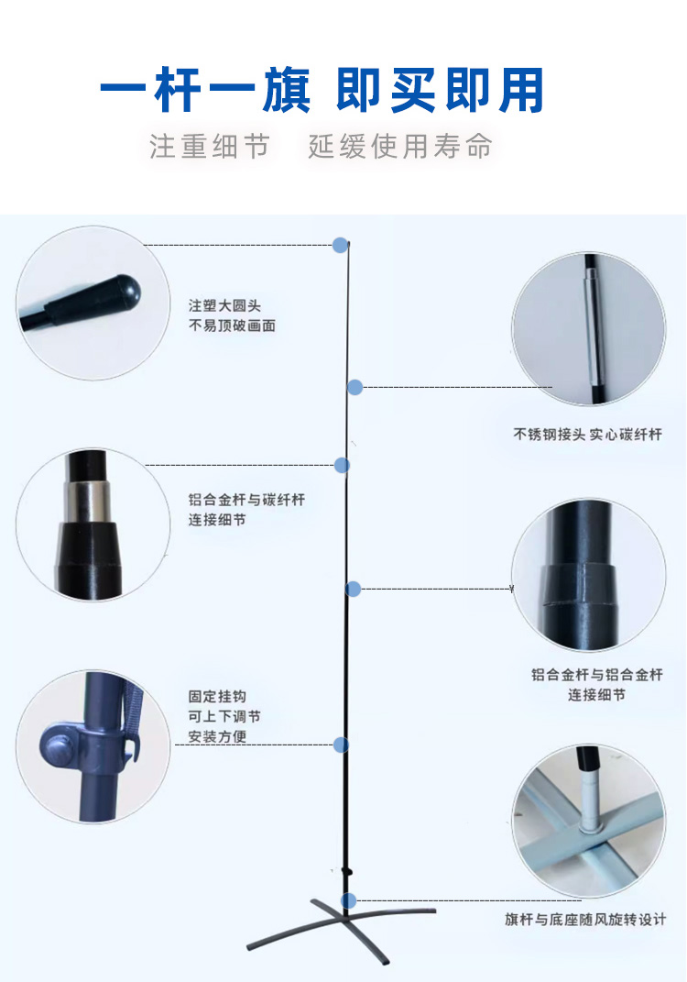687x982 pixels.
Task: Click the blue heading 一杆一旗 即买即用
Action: pyautogui.click(x=322, y=90)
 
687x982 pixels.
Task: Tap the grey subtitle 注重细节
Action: pyautogui.click(x=210, y=147)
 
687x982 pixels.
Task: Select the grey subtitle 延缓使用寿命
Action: pyautogui.click(x=399, y=147)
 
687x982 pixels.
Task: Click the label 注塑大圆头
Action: pyautogui.click(x=224, y=305)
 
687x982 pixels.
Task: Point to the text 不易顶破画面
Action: pyautogui.click(x=232, y=325)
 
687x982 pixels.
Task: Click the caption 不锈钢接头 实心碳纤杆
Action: pyautogui.click(x=587, y=434)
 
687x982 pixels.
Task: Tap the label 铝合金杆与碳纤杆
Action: pyautogui.click(x=246, y=500)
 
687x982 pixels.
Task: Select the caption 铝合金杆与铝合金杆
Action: pyautogui.click(x=597, y=675)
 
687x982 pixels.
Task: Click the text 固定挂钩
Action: pyautogui.click(x=217, y=697)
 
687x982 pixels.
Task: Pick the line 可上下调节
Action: pyautogui.click(x=224, y=716)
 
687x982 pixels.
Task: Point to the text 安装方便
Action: pyautogui.click(x=217, y=736)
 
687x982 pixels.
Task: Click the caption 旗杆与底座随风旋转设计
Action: pyautogui.click(x=585, y=920)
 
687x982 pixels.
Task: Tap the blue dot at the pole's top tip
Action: pyautogui.click(x=341, y=245)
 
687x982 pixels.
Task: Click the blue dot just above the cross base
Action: pyautogui.click(x=348, y=900)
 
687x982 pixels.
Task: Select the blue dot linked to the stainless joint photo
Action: pyautogui.click(x=354, y=387)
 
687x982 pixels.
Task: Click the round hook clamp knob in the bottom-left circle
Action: pyautogui.click(x=58, y=745)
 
